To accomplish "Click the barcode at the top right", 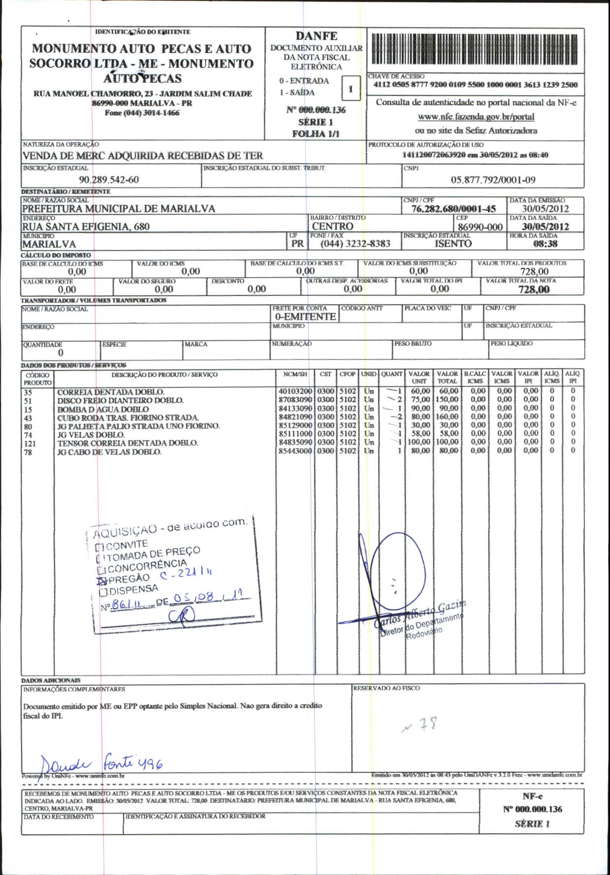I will [x=474, y=50].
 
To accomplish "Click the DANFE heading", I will [x=316, y=36].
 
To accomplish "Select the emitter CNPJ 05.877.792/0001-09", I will [x=493, y=180].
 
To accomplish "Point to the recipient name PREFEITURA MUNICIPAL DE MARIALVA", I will [x=119, y=208].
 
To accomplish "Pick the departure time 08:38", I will [x=545, y=244].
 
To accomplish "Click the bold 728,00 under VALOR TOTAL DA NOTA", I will [x=534, y=290].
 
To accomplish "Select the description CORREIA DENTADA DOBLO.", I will [x=111, y=392].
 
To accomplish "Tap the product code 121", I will [x=30, y=443].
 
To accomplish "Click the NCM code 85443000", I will [x=295, y=451].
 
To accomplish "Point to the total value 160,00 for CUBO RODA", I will [x=447, y=417].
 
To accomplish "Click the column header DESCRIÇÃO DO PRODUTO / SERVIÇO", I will [x=164, y=375].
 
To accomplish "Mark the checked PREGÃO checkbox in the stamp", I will [x=101, y=581].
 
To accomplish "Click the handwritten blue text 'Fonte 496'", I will [x=133, y=763].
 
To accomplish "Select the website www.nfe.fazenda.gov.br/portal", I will [x=476, y=117].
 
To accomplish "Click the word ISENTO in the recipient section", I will [x=453, y=244].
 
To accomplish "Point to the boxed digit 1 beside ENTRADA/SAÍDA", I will [x=350, y=89].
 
